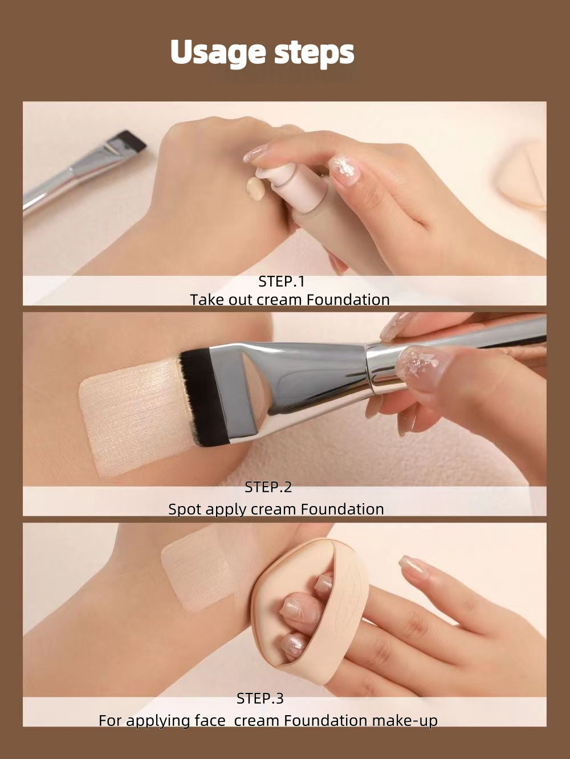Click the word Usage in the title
[x=218, y=52]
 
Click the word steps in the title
[x=314, y=52]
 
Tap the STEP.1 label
[x=282, y=281]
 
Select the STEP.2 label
[x=268, y=487]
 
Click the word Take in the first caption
[x=207, y=300]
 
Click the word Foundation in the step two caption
[x=342, y=509]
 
